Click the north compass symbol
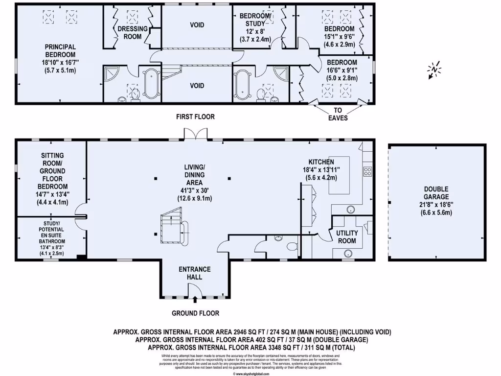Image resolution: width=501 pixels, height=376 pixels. [x=434, y=69]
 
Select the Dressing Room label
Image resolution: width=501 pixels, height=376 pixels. [x=133, y=32]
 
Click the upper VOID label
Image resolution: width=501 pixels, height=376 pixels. [x=197, y=25]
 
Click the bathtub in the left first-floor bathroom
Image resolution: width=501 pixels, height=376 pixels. [x=152, y=85]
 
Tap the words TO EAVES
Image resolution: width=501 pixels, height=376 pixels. [x=338, y=114]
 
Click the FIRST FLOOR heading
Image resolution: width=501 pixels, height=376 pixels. [x=196, y=117]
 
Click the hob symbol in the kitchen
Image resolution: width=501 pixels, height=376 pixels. [x=368, y=171]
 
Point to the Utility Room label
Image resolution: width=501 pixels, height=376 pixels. [x=347, y=237]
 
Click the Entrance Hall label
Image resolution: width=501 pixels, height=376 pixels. [x=195, y=273]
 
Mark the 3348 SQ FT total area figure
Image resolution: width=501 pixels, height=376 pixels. [x=272, y=347]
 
